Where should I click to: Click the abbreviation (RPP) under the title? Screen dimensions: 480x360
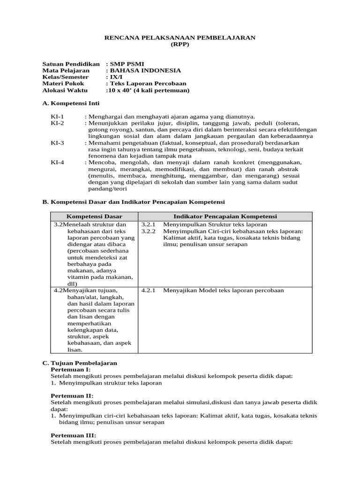180,45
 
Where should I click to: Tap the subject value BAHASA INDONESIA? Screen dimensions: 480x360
145,70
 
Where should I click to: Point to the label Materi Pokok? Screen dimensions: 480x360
62,83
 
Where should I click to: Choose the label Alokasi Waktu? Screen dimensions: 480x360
64,90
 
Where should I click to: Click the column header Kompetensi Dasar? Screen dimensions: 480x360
94,217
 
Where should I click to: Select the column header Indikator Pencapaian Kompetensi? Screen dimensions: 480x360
225,217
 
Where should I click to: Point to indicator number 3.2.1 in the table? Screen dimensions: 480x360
148,225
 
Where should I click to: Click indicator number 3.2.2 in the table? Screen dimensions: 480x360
148,231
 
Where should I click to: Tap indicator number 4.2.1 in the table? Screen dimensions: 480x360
148,291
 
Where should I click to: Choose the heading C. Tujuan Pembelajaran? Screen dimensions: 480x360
80,363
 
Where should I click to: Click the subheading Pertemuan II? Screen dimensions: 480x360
72,396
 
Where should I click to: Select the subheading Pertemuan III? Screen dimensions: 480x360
73,435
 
